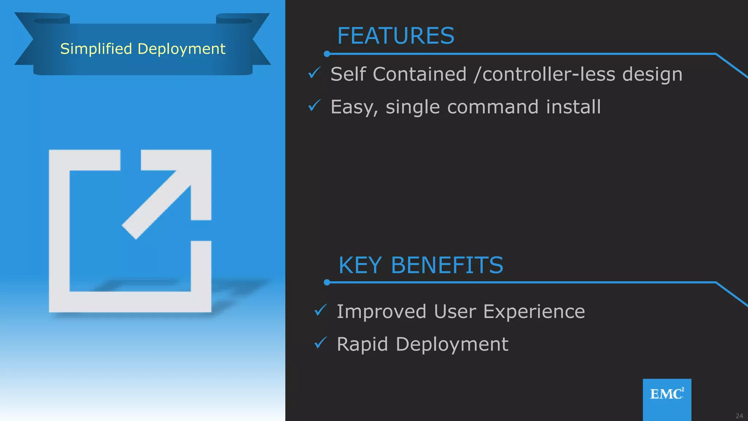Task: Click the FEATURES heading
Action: click(x=396, y=36)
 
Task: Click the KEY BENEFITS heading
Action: click(x=421, y=265)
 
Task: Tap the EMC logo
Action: click(x=667, y=394)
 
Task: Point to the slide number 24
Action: click(x=739, y=416)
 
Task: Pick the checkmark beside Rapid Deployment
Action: click(x=320, y=343)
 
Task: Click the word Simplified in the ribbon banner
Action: click(x=96, y=49)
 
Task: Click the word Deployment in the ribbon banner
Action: click(x=182, y=49)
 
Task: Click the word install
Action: click(x=573, y=107)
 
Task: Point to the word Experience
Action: click(x=534, y=312)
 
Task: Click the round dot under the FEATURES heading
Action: click(x=327, y=54)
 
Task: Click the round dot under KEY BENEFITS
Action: click(x=327, y=282)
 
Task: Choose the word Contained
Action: click(x=420, y=74)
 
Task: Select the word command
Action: click(x=493, y=107)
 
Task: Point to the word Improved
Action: click(x=381, y=312)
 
